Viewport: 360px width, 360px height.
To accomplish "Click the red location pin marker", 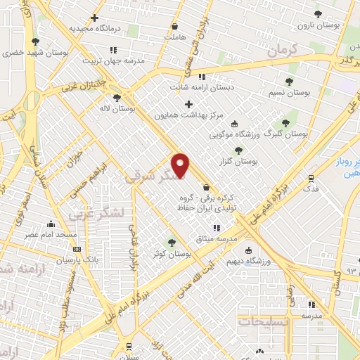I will click(181, 165).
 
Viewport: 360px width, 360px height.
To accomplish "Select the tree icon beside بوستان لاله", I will click(116, 98).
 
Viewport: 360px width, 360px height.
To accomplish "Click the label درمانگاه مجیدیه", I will click(91, 28).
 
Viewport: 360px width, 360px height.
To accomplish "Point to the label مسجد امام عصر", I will click(42, 234).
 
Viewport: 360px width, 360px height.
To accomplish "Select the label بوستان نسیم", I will click(290, 92).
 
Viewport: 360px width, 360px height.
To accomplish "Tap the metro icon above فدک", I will click(311, 179).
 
